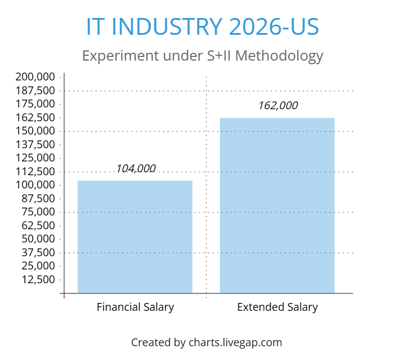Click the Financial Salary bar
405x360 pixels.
(x=135, y=237)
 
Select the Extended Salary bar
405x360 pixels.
(x=277, y=206)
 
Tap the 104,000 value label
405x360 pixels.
(x=136, y=169)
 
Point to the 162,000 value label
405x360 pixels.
(x=278, y=106)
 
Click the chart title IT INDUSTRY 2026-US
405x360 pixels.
(x=203, y=26)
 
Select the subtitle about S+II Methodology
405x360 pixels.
(x=203, y=56)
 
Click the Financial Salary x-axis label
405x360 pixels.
(x=135, y=307)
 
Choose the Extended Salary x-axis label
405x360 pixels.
(x=277, y=307)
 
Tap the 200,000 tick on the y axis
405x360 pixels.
(x=35, y=77)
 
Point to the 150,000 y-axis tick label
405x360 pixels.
(x=35, y=131)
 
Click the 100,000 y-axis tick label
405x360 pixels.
(x=35, y=185)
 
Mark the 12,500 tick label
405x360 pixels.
(x=38, y=280)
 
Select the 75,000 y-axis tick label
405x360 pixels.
(x=38, y=212)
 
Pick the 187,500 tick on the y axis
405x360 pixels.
(x=35, y=91)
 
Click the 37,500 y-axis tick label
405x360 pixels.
(x=38, y=253)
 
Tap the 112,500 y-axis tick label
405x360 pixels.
(x=35, y=172)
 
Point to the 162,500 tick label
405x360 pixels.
(x=35, y=118)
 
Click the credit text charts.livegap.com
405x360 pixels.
(x=235, y=343)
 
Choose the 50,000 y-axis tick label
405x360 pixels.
(x=38, y=239)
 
